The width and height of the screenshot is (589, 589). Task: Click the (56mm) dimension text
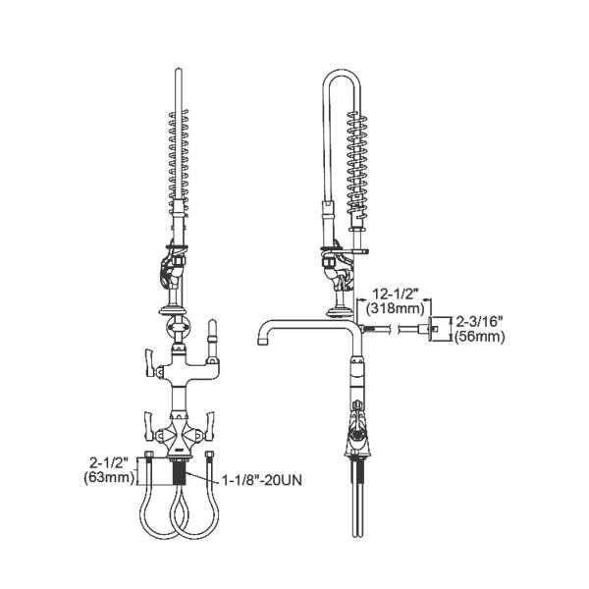pyautogui.click(x=480, y=337)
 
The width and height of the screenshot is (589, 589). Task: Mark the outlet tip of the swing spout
pyautogui.click(x=263, y=347)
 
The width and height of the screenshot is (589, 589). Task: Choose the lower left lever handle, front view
pyautogui.click(x=147, y=423)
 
